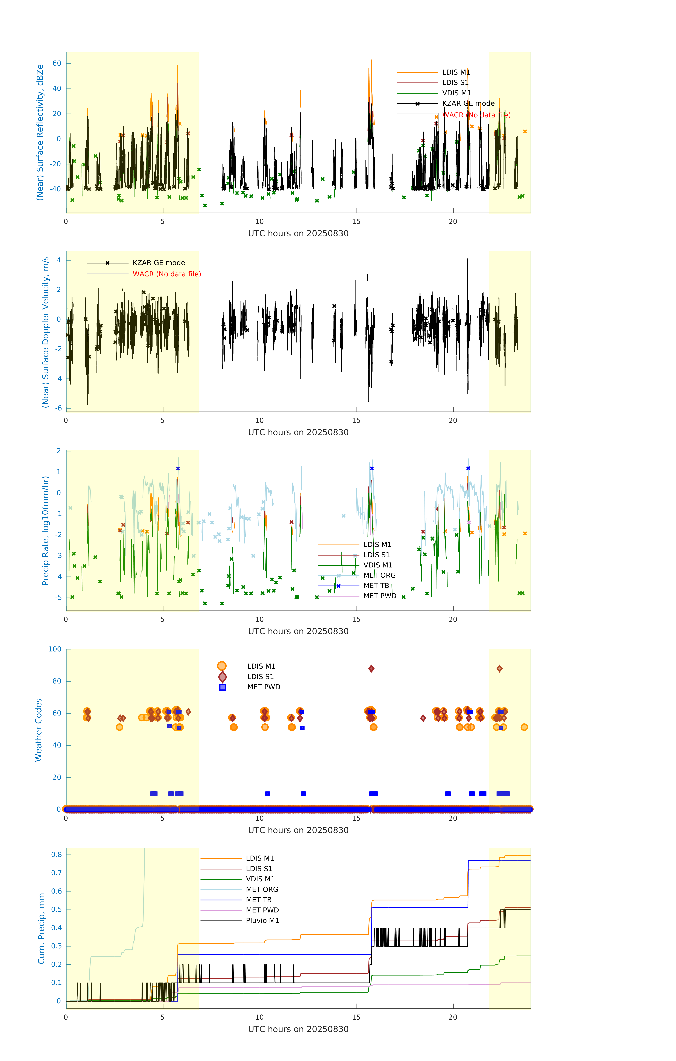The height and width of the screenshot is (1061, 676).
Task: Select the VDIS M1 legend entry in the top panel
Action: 456,93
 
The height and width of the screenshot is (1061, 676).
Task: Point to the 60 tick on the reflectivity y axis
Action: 57,63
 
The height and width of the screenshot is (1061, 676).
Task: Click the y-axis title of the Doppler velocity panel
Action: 45,332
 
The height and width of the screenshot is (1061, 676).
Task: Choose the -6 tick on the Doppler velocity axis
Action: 58,408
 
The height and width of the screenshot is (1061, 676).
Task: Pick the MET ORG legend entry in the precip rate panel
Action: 379,575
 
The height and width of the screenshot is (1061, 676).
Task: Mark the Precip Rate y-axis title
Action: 45,530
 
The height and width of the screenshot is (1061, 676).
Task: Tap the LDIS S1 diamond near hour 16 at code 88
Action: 371,669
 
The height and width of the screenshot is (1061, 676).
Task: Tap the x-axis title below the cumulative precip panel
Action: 298,1029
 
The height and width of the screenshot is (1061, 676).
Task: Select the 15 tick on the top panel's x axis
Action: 356,222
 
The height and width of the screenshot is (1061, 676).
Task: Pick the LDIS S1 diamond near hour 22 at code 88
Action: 499,669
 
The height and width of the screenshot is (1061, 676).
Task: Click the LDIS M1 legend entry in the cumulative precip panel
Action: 260,858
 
